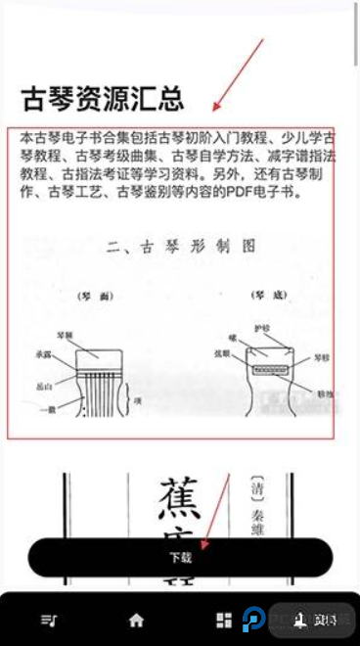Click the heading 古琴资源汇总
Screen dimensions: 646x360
pos(102,99)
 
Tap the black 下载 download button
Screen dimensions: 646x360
pos(180,558)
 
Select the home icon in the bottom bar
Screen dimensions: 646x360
pos(136,620)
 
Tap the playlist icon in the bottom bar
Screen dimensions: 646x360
pos(48,620)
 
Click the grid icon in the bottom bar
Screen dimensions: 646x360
pos(224,620)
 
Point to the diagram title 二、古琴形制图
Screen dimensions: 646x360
pos(182,246)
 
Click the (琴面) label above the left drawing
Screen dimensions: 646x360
pos(95,294)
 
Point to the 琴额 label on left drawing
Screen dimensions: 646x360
pos(65,333)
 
